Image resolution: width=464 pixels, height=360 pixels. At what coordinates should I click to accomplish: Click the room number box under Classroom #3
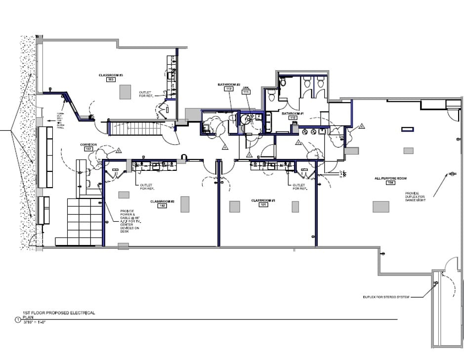[x=111, y=79]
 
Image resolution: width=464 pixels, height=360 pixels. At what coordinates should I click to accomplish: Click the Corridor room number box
[x=88, y=148]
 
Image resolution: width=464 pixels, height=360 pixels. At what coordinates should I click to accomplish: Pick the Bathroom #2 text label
[x=229, y=84]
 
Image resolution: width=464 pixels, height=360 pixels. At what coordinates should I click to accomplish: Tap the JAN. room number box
[x=246, y=91]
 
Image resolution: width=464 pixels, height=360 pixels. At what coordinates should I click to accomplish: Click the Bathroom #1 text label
[x=292, y=113]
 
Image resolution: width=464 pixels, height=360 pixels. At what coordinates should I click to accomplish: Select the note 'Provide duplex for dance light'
[x=415, y=196]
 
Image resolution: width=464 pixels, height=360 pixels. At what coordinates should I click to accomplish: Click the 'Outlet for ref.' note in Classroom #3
[x=146, y=93]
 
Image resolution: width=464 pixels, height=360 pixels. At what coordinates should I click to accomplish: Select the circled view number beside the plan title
[x=18, y=320]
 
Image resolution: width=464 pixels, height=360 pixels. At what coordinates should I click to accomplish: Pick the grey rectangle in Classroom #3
[x=125, y=92]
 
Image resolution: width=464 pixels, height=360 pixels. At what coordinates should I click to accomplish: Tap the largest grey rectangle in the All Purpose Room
[x=380, y=206]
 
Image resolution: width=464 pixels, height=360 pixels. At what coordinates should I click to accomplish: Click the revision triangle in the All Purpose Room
[x=362, y=126]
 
